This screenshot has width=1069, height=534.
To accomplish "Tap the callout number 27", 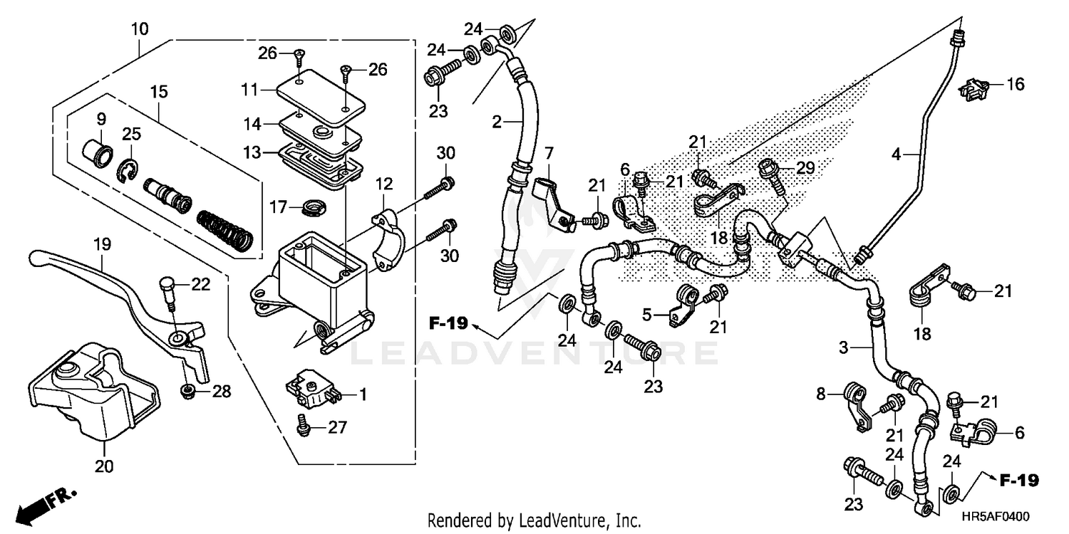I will (x=337, y=428).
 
